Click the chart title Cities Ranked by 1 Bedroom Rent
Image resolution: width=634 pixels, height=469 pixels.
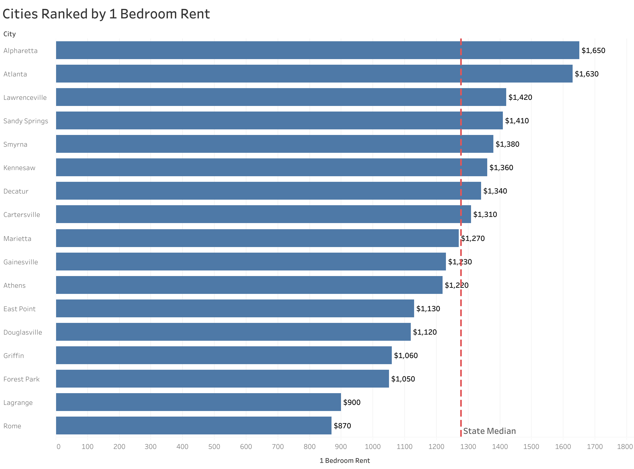[106, 14]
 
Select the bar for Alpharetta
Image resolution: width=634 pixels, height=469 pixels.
[317, 50]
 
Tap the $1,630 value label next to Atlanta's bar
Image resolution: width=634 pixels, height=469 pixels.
[586, 74]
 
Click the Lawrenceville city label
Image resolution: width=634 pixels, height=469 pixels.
[25, 98]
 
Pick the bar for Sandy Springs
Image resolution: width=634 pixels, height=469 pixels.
[279, 121]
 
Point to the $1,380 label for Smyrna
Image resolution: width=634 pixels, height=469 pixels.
[507, 144]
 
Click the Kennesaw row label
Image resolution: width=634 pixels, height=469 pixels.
[19, 168]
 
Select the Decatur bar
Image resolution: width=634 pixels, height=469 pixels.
[268, 191]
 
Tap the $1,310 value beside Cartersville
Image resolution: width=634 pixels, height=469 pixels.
[485, 215]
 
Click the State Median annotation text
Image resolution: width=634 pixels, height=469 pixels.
[489, 431]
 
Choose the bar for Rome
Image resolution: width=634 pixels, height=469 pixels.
[193, 426]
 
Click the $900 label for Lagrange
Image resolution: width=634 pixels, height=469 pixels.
[352, 403]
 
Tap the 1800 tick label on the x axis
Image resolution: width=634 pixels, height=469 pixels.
[625, 447]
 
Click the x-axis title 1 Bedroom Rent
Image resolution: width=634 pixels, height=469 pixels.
[345, 461]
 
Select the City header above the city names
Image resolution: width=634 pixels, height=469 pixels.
[9, 34]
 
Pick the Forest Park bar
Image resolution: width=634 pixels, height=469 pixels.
[222, 379]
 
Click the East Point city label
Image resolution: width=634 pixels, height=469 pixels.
[19, 309]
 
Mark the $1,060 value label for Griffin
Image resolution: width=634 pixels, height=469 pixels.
[406, 356]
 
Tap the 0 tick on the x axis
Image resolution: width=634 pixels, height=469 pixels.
[58, 447]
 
